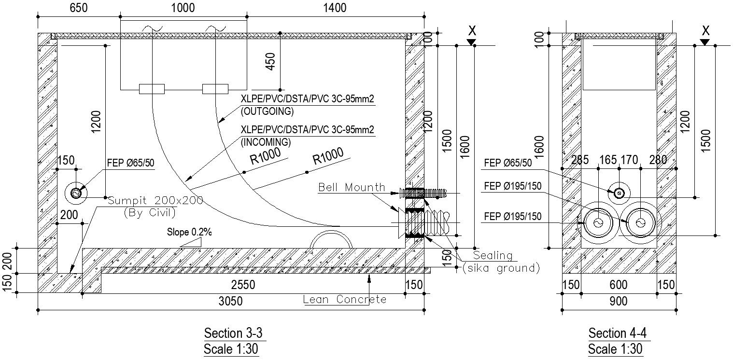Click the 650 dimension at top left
[x=79, y=8]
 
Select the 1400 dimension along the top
[x=335, y=8]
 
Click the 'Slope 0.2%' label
[x=189, y=232]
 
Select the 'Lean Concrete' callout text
[x=345, y=300]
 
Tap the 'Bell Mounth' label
[x=352, y=187]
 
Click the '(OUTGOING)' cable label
[x=267, y=111]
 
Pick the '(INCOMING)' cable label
[x=266, y=142]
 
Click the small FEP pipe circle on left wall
[x=76, y=193]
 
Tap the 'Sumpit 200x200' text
[x=155, y=200]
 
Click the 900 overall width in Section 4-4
[x=618, y=302]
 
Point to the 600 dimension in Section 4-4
[x=618, y=285]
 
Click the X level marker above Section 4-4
[x=705, y=31]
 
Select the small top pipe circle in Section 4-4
[x=618, y=193]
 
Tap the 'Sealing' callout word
[x=492, y=256]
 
